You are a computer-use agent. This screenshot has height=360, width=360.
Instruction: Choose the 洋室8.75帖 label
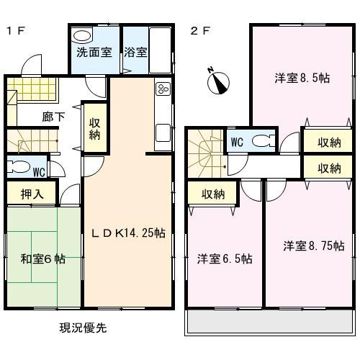(x=312, y=246)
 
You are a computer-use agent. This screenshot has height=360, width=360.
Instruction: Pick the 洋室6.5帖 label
(x=225, y=258)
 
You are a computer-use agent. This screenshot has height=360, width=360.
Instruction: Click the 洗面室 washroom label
(x=94, y=52)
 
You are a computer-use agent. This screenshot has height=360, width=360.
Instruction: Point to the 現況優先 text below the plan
(x=83, y=308)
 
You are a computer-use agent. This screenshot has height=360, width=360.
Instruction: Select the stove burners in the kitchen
(x=162, y=90)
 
